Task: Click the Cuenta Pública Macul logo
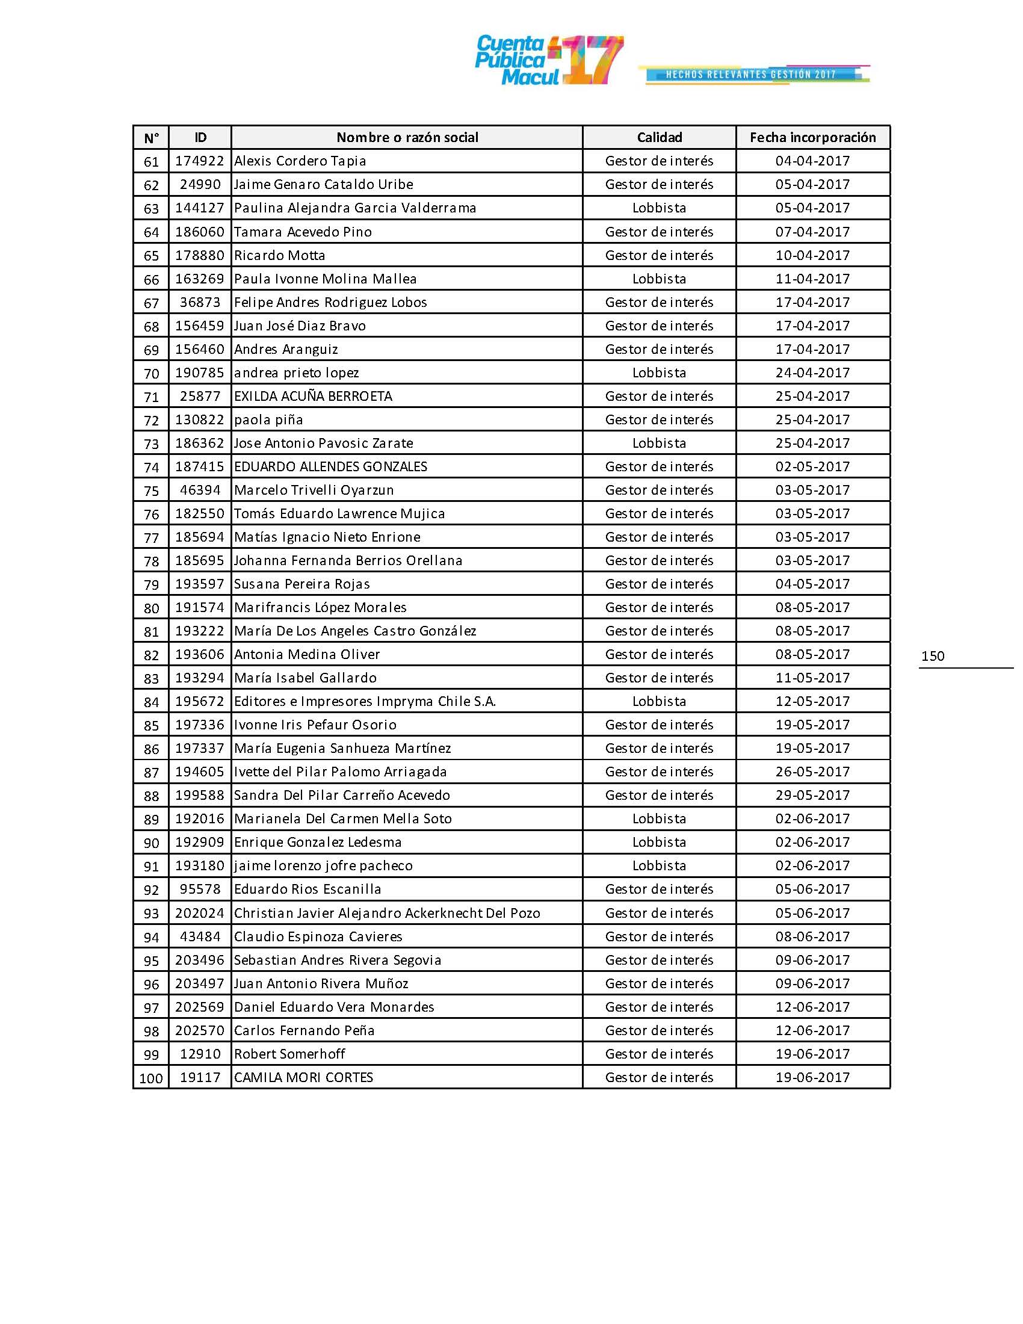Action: [x=548, y=60]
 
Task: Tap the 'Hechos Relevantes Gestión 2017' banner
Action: [x=752, y=75]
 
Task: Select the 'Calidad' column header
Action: [x=660, y=138]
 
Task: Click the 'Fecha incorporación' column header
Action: [x=813, y=138]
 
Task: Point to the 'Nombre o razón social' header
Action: [x=407, y=138]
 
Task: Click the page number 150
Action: [x=933, y=656]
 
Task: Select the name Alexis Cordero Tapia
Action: [x=300, y=161]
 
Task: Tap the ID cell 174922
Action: [x=200, y=161]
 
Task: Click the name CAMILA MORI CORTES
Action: [x=304, y=1077]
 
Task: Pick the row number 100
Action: [x=151, y=1078]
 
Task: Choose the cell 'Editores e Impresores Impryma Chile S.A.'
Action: [x=365, y=701]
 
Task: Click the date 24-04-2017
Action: [x=813, y=373]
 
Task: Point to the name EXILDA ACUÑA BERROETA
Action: [x=314, y=397]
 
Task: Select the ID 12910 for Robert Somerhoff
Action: [x=200, y=1054]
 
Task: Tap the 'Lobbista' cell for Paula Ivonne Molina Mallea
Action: [x=660, y=279]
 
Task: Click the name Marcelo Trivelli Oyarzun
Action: [x=314, y=490]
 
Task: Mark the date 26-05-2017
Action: [x=813, y=772]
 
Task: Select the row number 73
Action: [x=151, y=444]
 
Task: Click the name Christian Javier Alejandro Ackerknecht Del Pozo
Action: [x=387, y=913]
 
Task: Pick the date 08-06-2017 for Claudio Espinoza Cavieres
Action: [x=813, y=936]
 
